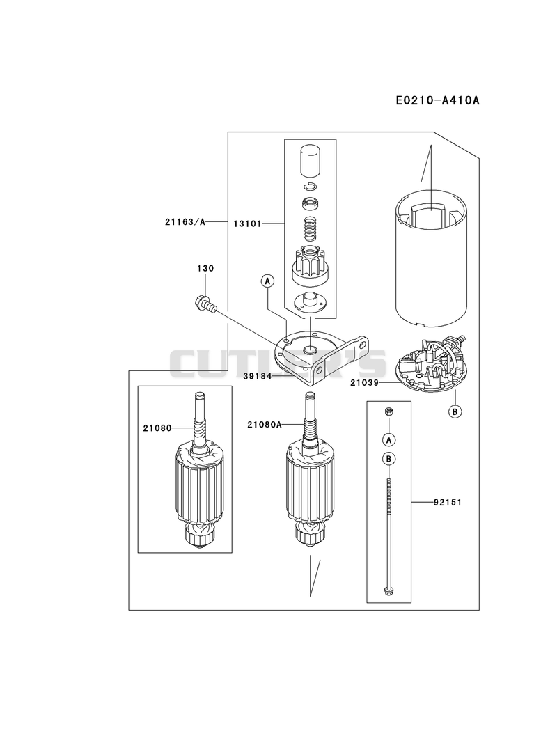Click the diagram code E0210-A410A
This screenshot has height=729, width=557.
pyautogui.click(x=437, y=100)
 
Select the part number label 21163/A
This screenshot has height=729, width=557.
pyautogui.click(x=185, y=222)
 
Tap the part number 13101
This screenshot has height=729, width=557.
pyautogui.click(x=247, y=224)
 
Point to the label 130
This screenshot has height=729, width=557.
pyautogui.click(x=205, y=268)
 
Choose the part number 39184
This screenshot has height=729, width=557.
pyautogui.click(x=257, y=376)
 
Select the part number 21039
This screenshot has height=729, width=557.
pyautogui.click(x=365, y=383)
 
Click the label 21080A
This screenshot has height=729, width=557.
pyautogui.click(x=265, y=424)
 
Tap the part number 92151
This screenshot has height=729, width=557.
pyautogui.click(x=447, y=502)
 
